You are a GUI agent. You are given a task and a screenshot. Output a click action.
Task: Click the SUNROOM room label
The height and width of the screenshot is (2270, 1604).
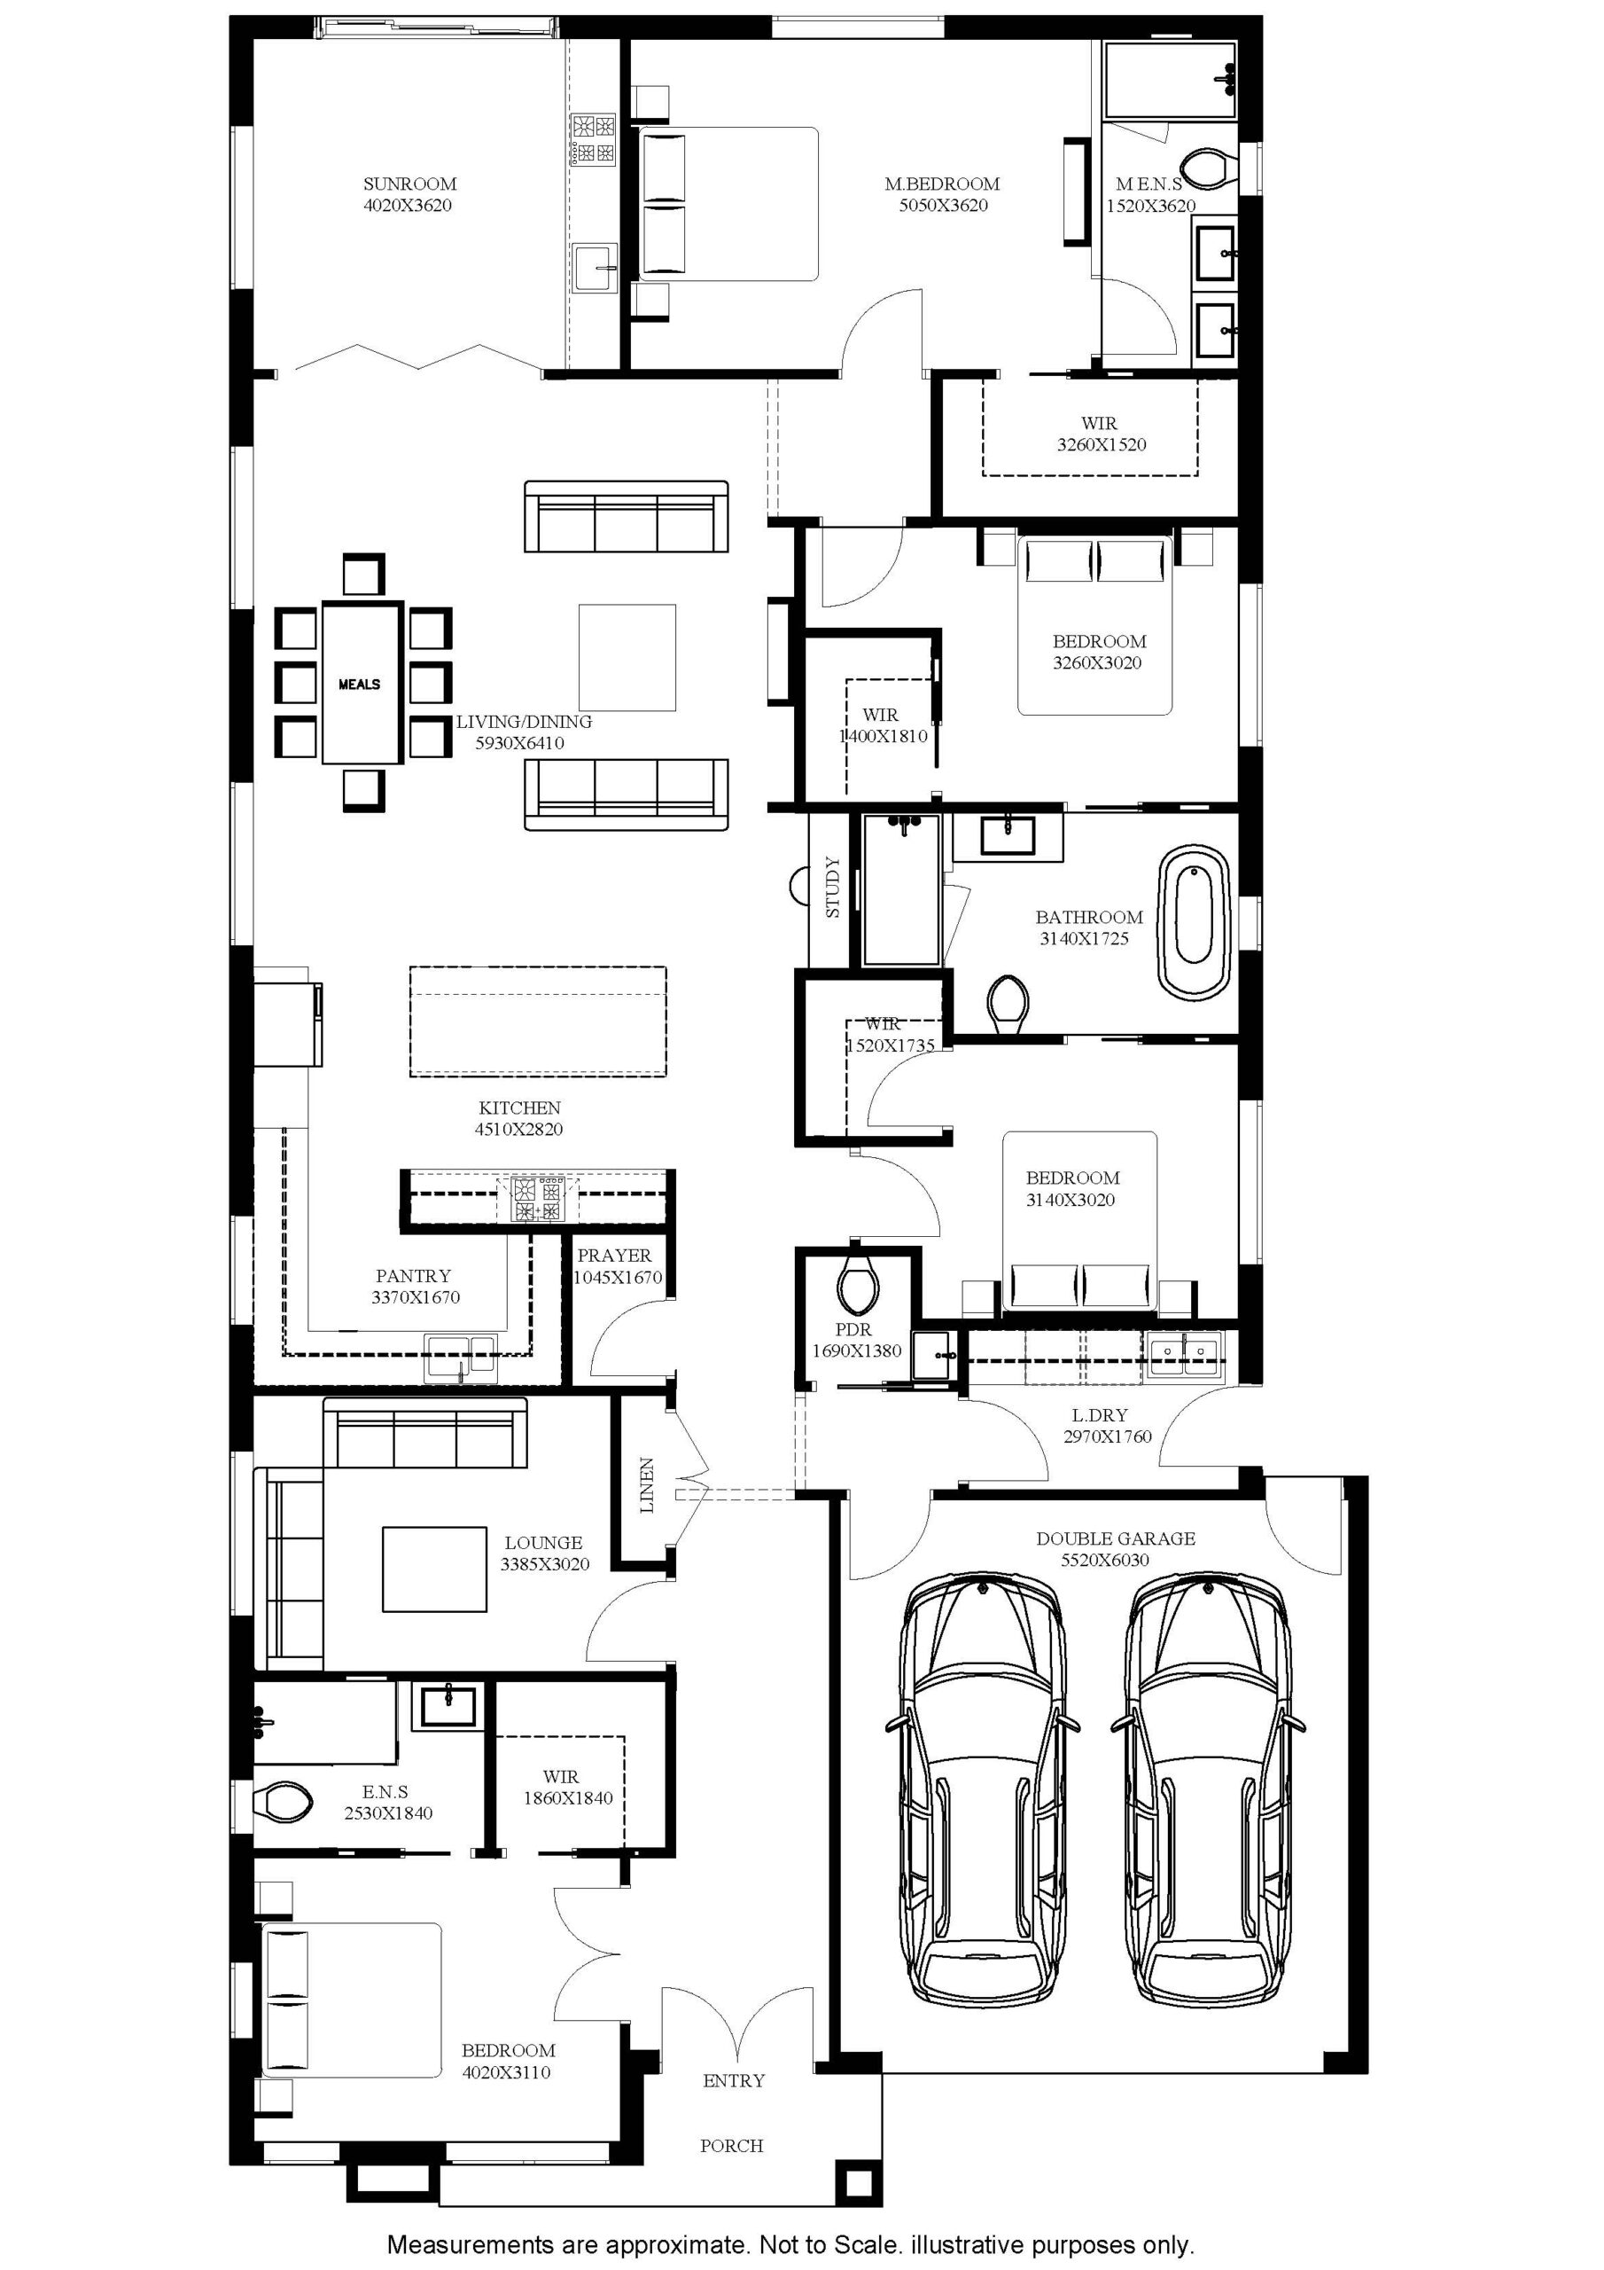pos(409,184)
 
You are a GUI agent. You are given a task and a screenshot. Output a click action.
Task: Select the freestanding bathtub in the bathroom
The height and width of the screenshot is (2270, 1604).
pos(1194,920)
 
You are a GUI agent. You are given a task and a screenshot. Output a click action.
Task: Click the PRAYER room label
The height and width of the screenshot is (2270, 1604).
pos(615,1255)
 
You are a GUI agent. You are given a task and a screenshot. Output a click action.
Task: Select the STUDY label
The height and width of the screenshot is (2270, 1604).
pos(832,887)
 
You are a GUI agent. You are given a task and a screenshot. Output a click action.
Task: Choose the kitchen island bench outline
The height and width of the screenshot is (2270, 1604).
pos(539,1021)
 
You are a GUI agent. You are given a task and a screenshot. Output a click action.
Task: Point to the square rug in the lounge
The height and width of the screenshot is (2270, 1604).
pos(435,1569)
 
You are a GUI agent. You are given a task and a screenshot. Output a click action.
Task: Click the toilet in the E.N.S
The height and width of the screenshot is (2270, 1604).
pos(284,1803)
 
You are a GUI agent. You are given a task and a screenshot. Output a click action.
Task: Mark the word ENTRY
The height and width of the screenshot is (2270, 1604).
pos(733,2081)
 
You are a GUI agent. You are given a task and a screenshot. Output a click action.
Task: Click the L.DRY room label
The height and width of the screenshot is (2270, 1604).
pos(1099,1415)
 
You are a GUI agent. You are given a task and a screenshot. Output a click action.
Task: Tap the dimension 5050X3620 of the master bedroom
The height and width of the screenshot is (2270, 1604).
pos(943,206)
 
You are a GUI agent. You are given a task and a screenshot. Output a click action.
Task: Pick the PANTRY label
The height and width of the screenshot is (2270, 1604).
pos(413,1275)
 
